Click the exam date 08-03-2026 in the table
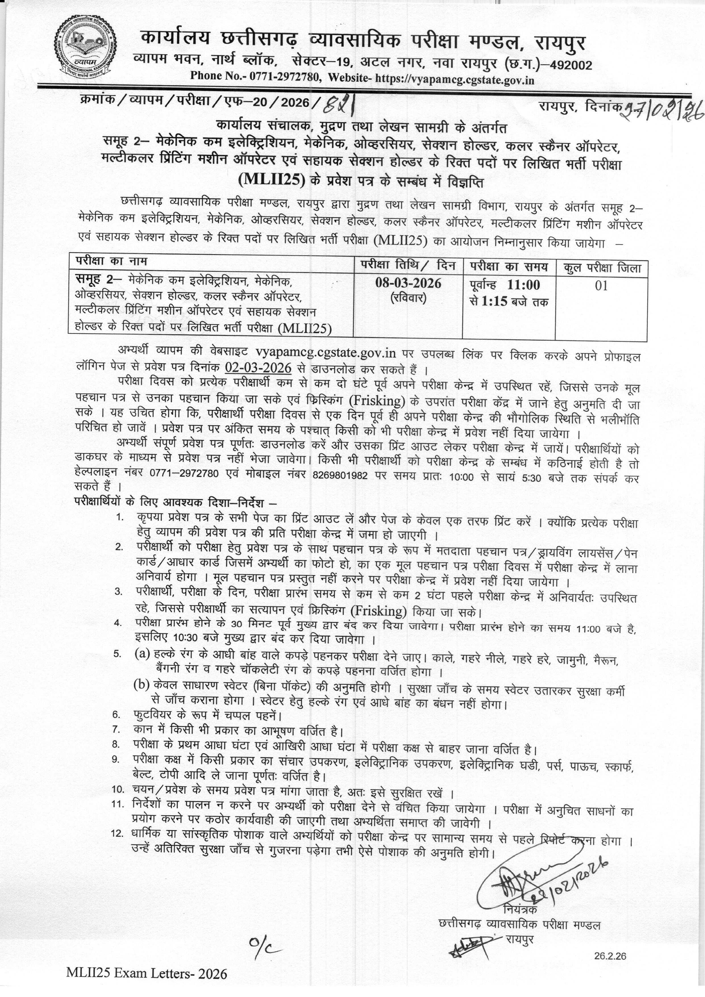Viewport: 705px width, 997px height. [x=408, y=283]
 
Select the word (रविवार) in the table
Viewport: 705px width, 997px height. [x=408, y=298]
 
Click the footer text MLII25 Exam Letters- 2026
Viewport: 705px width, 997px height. [x=147, y=982]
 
